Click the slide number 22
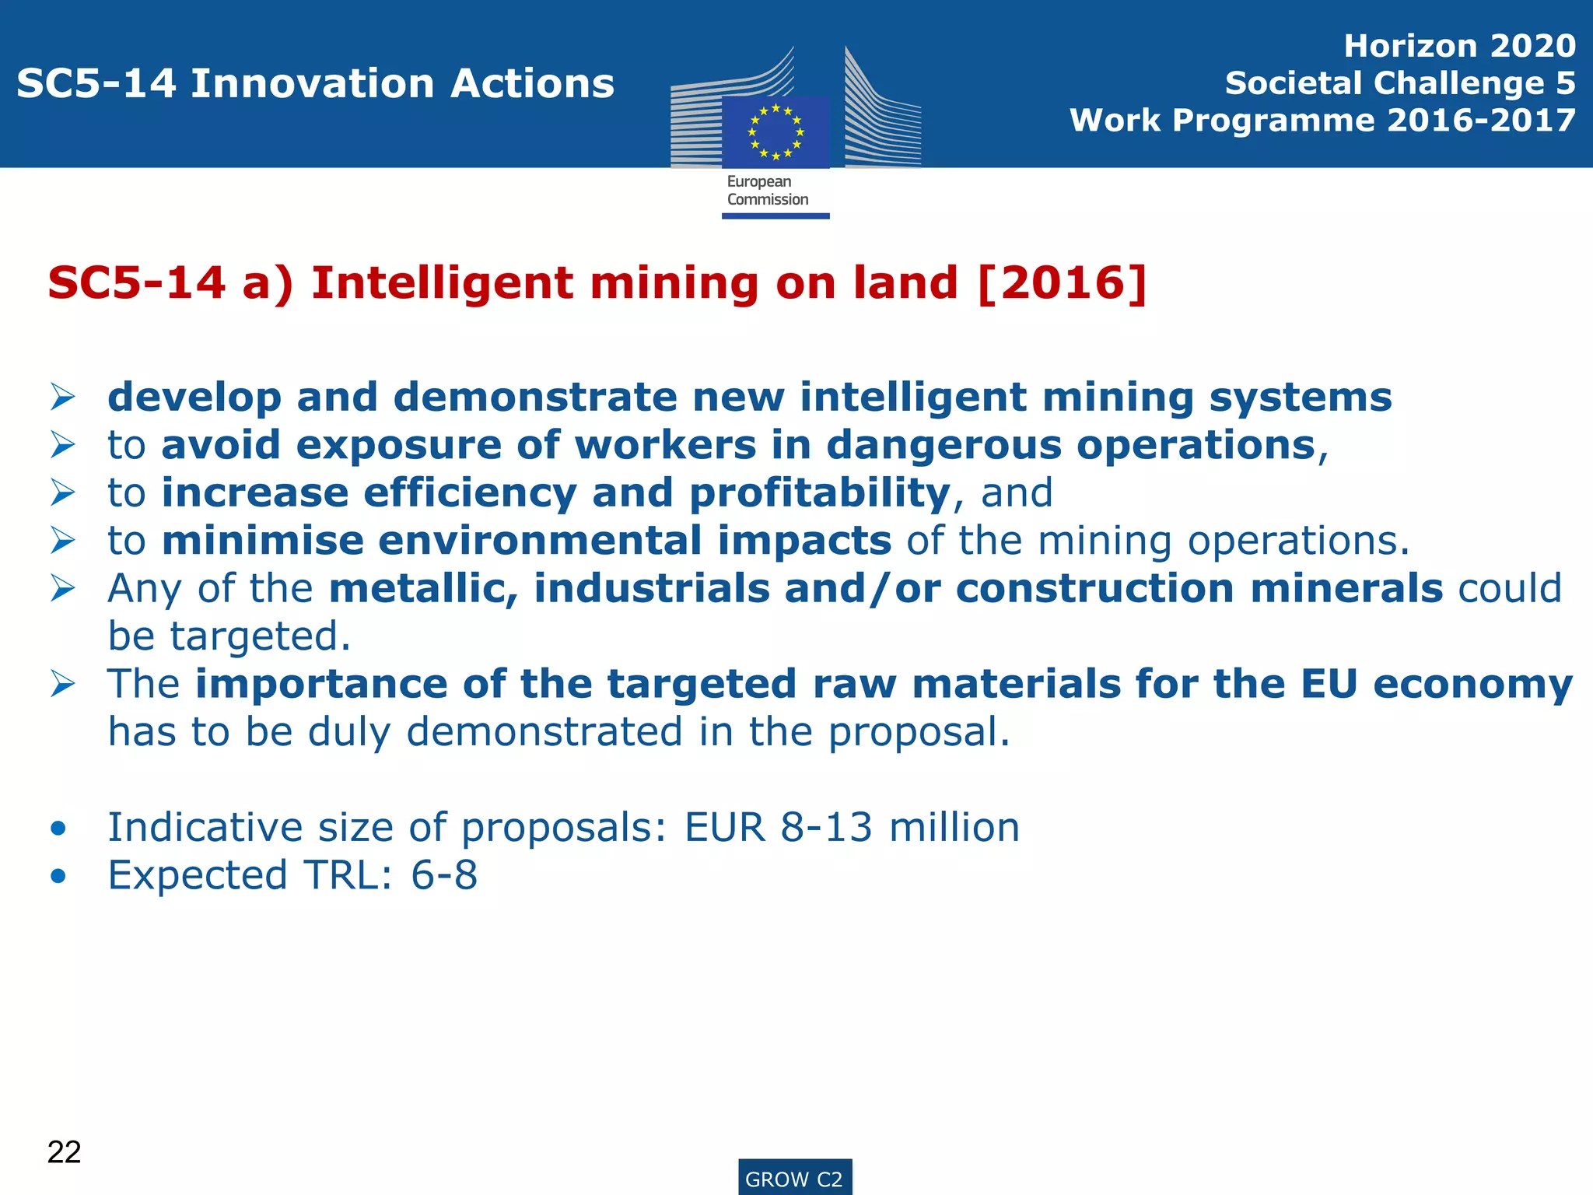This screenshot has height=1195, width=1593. tap(64, 1152)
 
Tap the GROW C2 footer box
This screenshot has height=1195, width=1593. tap(794, 1179)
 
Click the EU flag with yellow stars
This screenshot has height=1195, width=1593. tap(775, 131)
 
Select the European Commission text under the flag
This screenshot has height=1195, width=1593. tap(768, 191)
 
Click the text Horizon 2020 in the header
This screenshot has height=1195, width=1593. tap(1459, 46)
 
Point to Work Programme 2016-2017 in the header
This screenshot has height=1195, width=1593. tap(1322, 121)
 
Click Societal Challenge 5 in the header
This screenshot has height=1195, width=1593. tap(1400, 83)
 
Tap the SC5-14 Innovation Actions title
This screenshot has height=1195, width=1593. tap(315, 83)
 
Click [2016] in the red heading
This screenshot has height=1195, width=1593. tap(1062, 282)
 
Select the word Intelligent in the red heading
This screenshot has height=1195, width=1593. tap(442, 282)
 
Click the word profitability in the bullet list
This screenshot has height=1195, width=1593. tap(820, 493)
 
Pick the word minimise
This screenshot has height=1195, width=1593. tap(263, 541)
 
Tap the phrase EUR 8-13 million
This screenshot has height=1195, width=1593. tap(852, 827)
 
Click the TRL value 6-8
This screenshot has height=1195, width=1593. tap(444, 875)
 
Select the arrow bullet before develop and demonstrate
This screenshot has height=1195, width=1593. tap(62, 398)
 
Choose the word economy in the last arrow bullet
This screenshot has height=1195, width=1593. tap(1472, 685)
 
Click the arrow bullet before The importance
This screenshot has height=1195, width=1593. tap(62, 685)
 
